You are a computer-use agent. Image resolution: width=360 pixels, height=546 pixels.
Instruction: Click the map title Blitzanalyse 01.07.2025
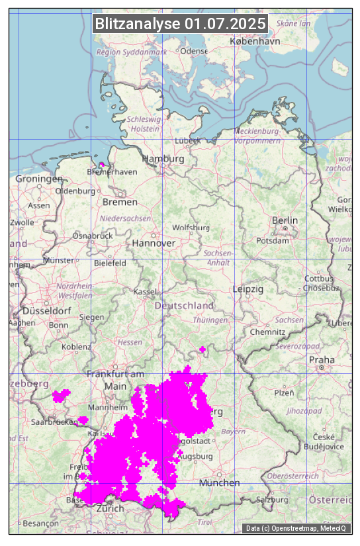[x=181, y=24]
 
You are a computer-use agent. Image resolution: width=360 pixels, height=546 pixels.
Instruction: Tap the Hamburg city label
[x=163, y=159]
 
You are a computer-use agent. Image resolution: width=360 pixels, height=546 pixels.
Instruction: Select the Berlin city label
[x=285, y=220]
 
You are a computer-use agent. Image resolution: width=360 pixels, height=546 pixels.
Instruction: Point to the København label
[x=255, y=41]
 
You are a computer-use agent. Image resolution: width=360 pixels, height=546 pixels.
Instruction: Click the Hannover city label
[x=154, y=243]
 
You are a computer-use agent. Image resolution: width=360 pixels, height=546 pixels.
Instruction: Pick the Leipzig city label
[x=248, y=289]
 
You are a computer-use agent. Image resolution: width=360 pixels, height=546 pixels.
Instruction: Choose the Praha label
[x=322, y=359]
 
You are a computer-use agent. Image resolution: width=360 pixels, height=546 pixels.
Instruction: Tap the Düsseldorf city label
[x=46, y=310]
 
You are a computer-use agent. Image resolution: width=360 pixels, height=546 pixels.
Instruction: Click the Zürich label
[x=110, y=508]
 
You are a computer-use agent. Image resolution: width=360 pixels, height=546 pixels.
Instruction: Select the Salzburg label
[x=272, y=500]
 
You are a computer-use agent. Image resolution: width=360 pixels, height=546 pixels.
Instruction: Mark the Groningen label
[x=39, y=179]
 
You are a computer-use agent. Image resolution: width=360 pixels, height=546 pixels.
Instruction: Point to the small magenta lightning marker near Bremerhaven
[x=101, y=164]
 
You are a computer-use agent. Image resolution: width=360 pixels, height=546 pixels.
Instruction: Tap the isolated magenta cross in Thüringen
[x=202, y=349]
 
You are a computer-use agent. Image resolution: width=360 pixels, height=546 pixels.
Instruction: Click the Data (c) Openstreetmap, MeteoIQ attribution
[x=296, y=528]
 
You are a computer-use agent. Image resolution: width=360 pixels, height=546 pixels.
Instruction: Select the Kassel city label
[x=145, y=291]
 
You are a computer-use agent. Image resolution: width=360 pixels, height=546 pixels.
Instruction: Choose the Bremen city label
[x=120, y=202]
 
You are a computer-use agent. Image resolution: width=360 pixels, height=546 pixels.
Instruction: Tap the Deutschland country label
[x=184, y=305]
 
